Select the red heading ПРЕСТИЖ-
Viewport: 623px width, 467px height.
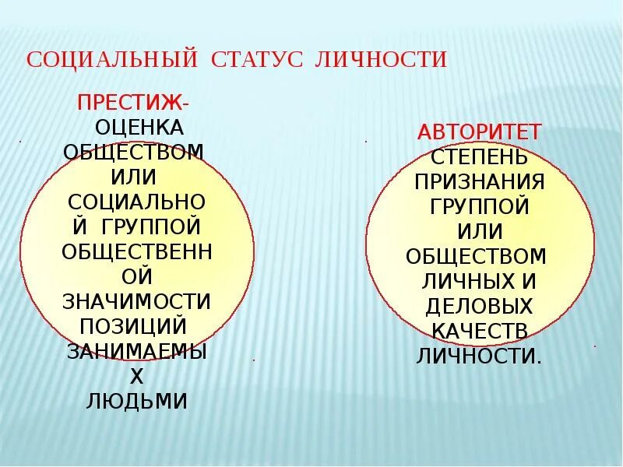click(132, 102)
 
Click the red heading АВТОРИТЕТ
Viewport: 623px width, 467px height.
click(479, 132)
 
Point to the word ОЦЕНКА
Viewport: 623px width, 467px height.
click(139, 127)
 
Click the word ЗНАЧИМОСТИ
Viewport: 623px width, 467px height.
click(137, 301)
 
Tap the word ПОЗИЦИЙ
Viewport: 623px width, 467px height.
click(137, 326)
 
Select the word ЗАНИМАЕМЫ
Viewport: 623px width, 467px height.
click(137, 351)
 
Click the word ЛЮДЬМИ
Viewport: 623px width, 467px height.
click(137, 401)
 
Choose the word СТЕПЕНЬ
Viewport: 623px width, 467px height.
click(479, 156)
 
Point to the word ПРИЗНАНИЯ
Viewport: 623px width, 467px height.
click(479, 181)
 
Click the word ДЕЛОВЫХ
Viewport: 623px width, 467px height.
click(479, 306)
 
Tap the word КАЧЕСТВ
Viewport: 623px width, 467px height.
click(479, 331)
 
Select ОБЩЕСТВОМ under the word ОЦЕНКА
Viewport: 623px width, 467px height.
click(134, 152)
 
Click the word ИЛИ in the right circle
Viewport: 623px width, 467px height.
click(479, 231)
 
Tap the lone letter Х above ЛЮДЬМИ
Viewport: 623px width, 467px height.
click(137, 377)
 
